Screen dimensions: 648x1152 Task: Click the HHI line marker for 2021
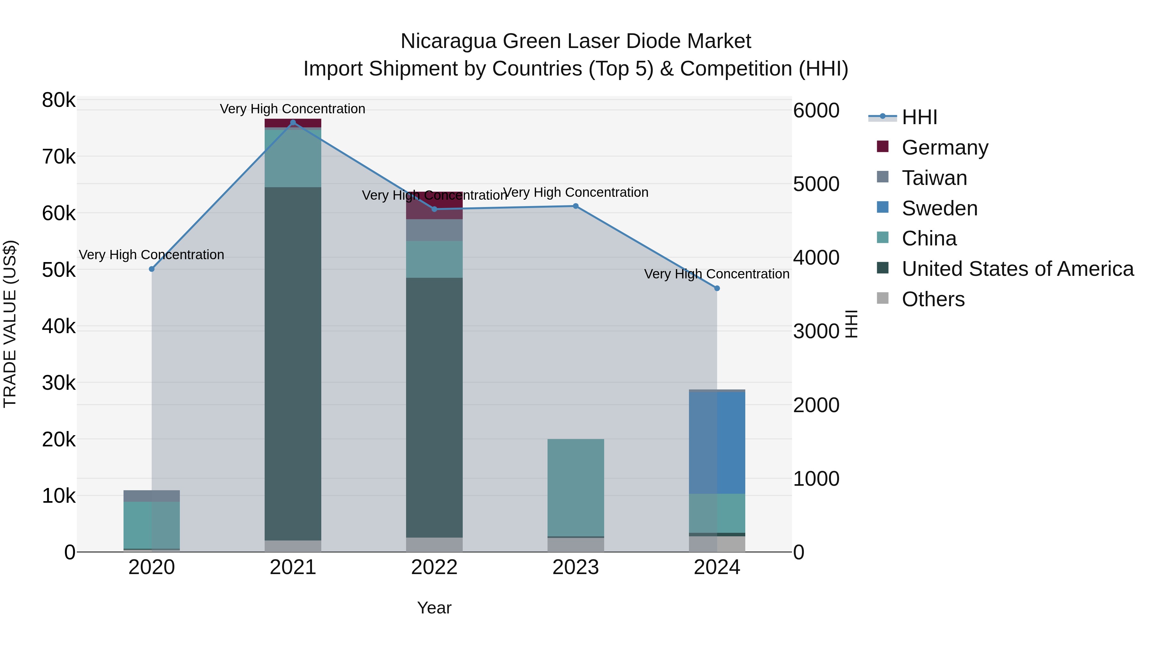pyautogui.click(x=293, y=123)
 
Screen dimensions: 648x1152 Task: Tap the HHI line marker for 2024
pyautogui.click(x=717, y=288)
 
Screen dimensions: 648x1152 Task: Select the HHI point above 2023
pyautogui.click(x=576, y=206)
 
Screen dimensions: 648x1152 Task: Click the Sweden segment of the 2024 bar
pyautogui.click(x=717, y=443)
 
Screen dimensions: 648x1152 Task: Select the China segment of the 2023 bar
pyautogui.click(x=576, y=487)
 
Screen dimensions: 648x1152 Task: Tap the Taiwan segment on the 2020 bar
pyautogui.click(x=152, y=496)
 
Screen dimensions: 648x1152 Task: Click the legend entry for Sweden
pyautogui.click(x=939, y=208)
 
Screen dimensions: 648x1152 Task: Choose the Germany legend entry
pyautogui.click(x=945, y=148)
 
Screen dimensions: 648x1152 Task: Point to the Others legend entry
pyautogui.click(x=933, y=299)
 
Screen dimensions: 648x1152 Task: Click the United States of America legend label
pyautogui.click(x=1017, y=269)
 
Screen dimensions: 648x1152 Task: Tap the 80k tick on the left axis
pyautogui.click(x=59, y=100)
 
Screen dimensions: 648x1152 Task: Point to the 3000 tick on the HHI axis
pyautogui.click(x=816, y=332)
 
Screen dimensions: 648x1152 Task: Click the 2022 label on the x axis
pyautogui.click(x=434, y=567)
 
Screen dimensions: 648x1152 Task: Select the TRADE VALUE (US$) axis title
pyautogui.click(x=10, y=324)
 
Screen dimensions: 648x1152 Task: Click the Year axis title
pyautogui.click(x=434, y=608)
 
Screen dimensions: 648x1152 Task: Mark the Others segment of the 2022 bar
pyautogui.click(x=434, y=544)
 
